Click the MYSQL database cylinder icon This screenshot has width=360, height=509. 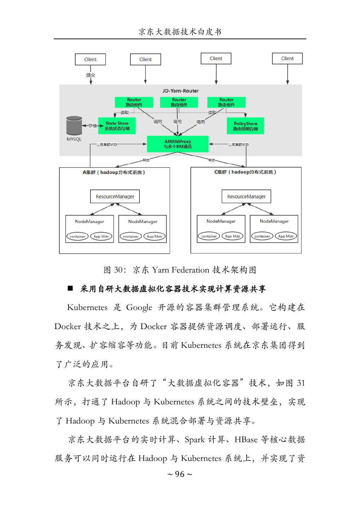coord(74,125)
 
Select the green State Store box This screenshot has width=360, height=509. coord(117,126)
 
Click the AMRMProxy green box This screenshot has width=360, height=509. coord(177,144)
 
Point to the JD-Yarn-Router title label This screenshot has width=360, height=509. coord(181,91)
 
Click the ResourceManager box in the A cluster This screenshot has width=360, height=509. coord(115,197)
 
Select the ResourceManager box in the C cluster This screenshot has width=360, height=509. coord(246,197)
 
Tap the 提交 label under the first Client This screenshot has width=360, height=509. coord(91,75)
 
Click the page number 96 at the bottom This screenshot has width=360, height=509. coord(180,474)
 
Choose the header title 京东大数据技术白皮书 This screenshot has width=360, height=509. coord(180,32)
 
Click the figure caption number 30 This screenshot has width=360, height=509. coord(118,270)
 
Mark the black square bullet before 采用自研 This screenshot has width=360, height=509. coord(70,288)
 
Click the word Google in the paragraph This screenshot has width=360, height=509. coord(139,308)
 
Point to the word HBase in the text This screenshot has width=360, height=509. coord(246,440)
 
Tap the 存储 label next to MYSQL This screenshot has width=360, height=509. coord(92,125)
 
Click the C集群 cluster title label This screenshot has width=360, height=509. coord(246,172)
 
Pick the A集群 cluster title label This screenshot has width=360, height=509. coord(114,172)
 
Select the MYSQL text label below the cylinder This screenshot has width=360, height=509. coord(74,139)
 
